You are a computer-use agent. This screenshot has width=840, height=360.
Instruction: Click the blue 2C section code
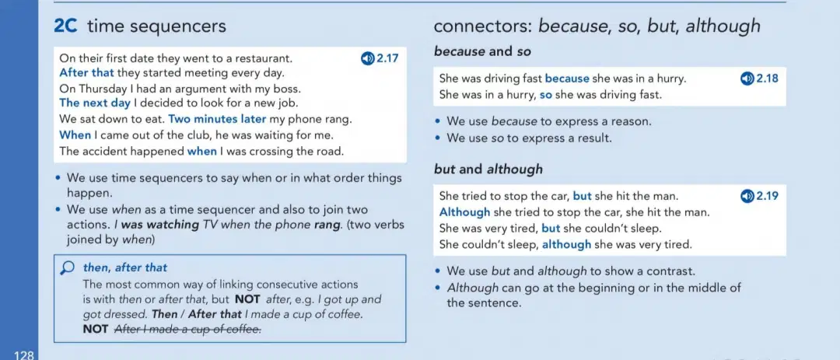click(66, 26)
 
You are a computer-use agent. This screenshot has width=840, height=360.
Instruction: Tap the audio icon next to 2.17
click(367, 58)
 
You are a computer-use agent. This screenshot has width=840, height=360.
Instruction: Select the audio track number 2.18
click(766, 79)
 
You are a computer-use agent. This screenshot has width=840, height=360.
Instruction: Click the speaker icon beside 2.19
click(747, 196)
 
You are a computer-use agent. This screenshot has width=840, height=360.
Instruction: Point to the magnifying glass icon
click(68, 267)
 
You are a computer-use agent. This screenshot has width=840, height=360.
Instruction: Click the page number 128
click(25, 355)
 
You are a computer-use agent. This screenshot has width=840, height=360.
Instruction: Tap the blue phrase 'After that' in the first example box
click(87, 72)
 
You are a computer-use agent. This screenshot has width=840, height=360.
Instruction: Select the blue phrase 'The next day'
click(95, 103)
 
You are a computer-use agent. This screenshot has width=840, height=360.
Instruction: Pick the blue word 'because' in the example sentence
click(567, 79)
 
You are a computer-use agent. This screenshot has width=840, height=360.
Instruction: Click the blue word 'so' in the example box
click(545, 96)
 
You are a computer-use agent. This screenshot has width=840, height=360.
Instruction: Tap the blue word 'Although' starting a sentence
click(464, 212)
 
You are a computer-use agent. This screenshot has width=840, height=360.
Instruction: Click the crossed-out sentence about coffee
click(188, 330)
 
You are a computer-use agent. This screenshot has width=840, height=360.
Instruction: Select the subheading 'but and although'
click(488, 170)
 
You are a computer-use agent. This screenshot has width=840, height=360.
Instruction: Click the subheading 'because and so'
click(482, 51)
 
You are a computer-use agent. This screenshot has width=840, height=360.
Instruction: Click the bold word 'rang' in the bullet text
click(326, 225)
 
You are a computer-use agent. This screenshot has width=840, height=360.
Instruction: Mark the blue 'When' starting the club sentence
click(75, 135)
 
